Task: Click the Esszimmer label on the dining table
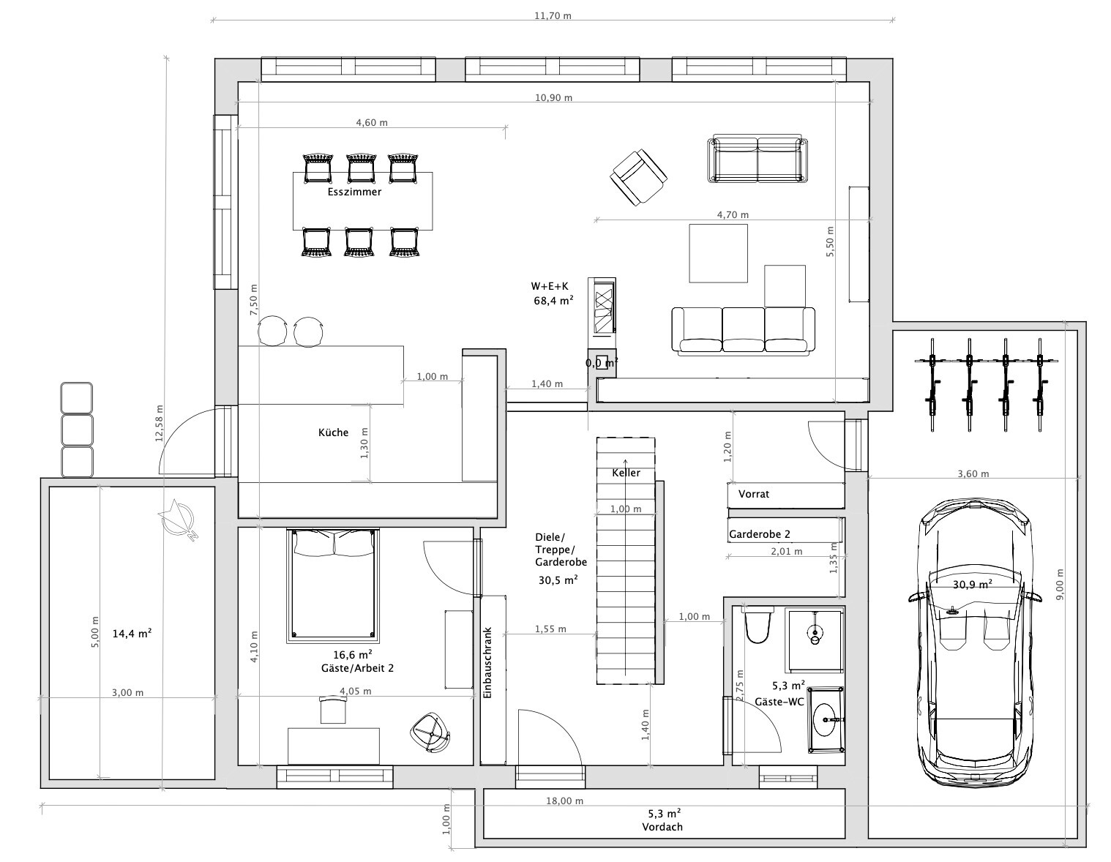pos(354,192)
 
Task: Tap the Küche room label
pos(333,432)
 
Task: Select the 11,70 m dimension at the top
pos(553,16)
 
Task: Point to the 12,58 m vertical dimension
pos(159,423)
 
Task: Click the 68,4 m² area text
pos(554,301)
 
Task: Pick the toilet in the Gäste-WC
pos(757,624)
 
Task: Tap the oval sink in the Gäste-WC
pos(827,720)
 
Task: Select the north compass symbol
pos(176,519)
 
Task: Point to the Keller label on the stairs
pos(626,473)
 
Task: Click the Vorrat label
pos(754,494)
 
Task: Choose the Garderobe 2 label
pos(760,534)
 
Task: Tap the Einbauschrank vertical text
pos(487,663)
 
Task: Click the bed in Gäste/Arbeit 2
pos(333,586)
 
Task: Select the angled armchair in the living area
pos(638,178)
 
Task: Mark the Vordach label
pos(662,827)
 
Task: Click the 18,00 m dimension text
pos(564,801)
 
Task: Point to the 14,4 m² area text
pos(132,634)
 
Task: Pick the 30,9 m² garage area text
pos(973,584)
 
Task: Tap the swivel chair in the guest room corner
pos(430,732)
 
